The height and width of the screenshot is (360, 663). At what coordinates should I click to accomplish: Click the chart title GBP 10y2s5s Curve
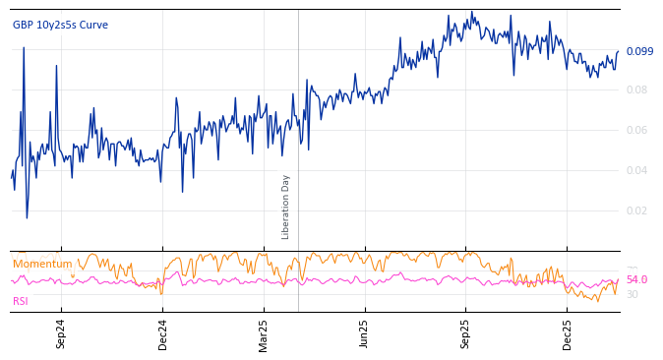click(x=60, y=25)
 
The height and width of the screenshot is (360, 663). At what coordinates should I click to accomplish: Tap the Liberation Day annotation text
click(x=286, y=207)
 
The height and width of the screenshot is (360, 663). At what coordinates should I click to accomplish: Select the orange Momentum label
click(x=42, y=264)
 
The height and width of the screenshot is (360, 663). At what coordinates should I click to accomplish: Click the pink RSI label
click(x=21, y=301)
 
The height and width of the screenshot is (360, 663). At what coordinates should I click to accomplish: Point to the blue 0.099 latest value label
click(x=639, y=51)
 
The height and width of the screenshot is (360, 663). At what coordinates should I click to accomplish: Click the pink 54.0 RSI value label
click(x=636, y=279)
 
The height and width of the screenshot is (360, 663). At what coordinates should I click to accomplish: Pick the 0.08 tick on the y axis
click(x=637, y=90)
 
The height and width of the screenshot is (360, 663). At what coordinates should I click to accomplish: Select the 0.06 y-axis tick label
click(x=637, y=130)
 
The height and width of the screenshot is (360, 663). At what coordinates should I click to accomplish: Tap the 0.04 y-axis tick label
click(x=637, y=170)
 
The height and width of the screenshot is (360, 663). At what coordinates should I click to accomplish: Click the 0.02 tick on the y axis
click(x=637, y=210)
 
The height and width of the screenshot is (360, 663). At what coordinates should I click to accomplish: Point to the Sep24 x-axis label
click(x=61, y=333)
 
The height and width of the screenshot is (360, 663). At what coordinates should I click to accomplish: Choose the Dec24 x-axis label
click(x=163, y=333)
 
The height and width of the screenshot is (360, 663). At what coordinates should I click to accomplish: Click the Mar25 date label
click(x=264, y=333)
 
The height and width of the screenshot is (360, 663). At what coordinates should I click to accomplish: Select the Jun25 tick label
click(x=364, y=333)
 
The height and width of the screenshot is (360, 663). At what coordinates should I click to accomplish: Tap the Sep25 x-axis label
click(x=465, y=333)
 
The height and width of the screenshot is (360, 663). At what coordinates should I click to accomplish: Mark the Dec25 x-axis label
click(x=568, y=333)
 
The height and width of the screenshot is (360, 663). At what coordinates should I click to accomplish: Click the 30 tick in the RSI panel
click(x=633, y=294)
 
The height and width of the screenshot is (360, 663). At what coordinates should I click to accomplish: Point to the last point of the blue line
click(x=619, y=51)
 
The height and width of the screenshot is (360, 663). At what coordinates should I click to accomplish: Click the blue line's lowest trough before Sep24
click(x=27, y=217)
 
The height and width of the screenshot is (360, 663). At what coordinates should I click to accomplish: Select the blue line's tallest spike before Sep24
click(x=24, y=47)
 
